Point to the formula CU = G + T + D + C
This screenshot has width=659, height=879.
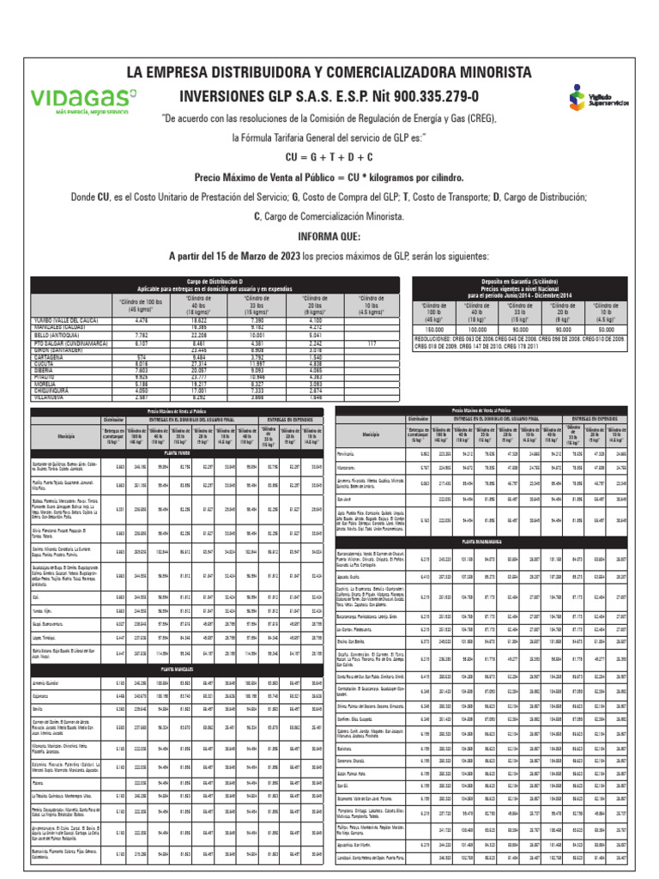[329, 157]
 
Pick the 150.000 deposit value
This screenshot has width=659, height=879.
[433, 329]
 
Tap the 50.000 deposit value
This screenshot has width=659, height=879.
[607, 329]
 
